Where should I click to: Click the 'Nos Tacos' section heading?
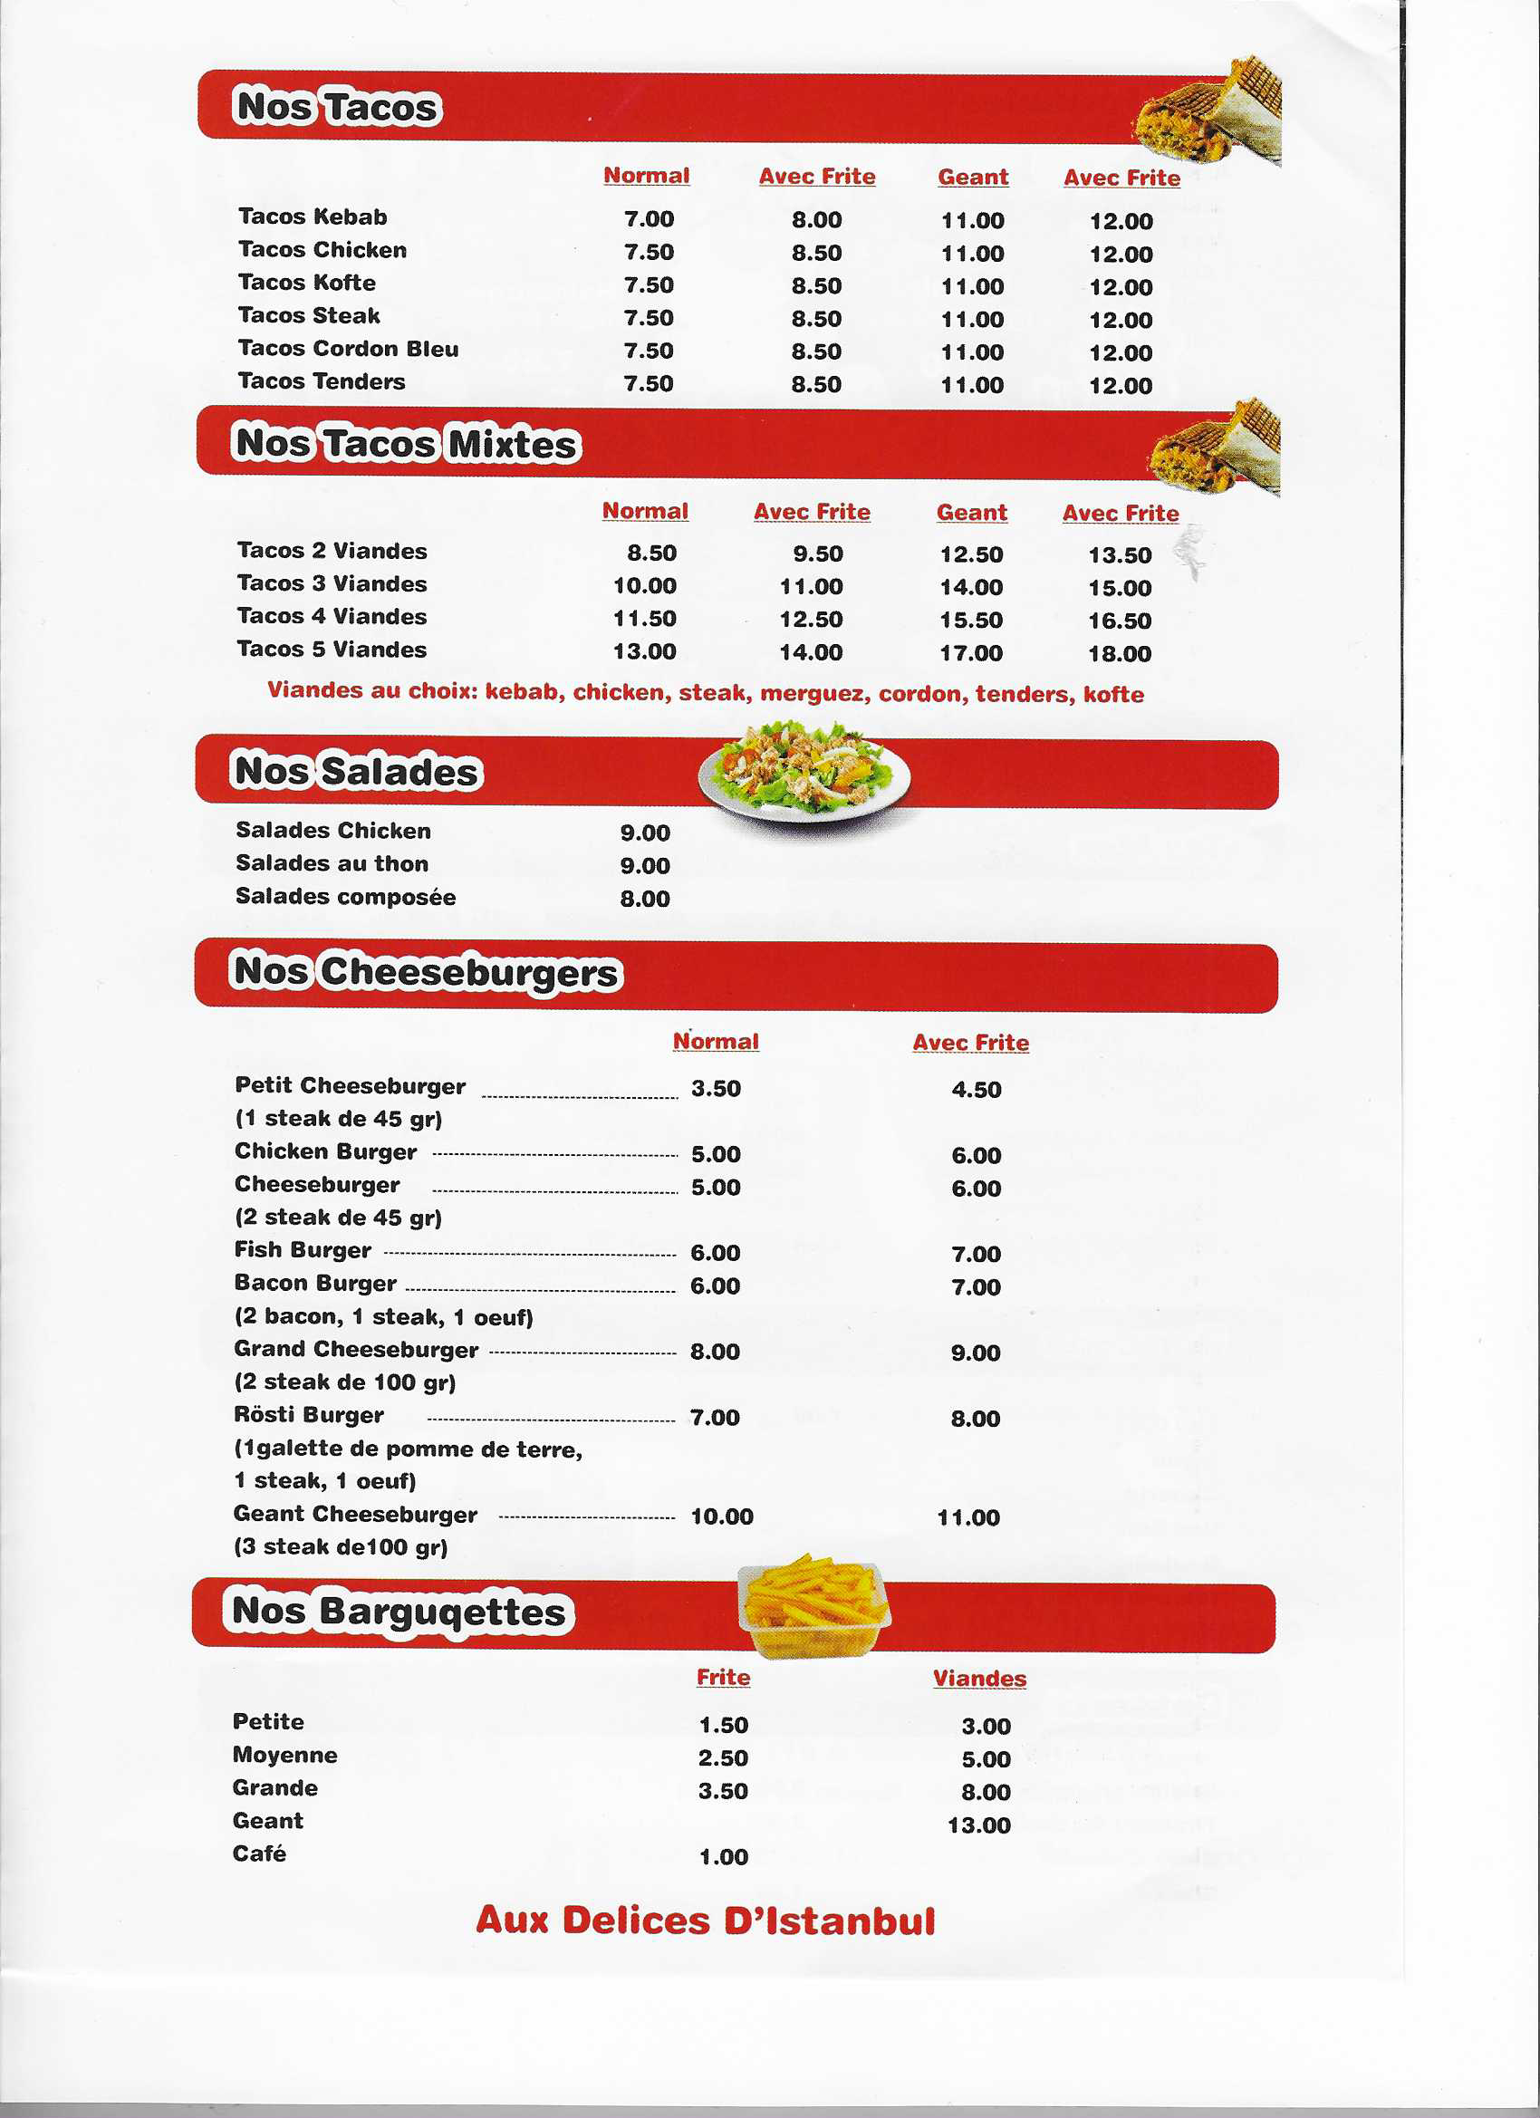(x=336, y=107)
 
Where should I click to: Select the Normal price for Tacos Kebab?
(x=648, y=219)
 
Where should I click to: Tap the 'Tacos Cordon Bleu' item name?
(x=348, y=349)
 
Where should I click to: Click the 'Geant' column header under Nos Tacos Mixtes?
(x=971, y=513)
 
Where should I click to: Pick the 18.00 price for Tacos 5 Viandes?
(x=1119, y=654)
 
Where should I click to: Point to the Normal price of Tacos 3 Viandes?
(x=644, y=586)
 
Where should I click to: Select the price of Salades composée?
(x=644, y=899)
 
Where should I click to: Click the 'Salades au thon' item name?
(x=332, y=863)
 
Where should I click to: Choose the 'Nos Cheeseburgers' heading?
(x=425, y=972)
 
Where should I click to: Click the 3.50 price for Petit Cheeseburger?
(x=716, y=1089)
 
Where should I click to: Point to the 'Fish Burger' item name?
(x=303, y=1249)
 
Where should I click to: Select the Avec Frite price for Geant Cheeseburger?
(x=967, y=1517)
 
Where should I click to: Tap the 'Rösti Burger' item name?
(x=308, y=1415)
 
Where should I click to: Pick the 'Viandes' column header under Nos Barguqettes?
(x=978, y=1678)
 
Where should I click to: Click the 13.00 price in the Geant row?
(x=977, y=1824)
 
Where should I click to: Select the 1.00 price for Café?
(x=723, y=1857)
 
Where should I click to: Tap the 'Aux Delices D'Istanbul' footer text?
(x=705, y=1921)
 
